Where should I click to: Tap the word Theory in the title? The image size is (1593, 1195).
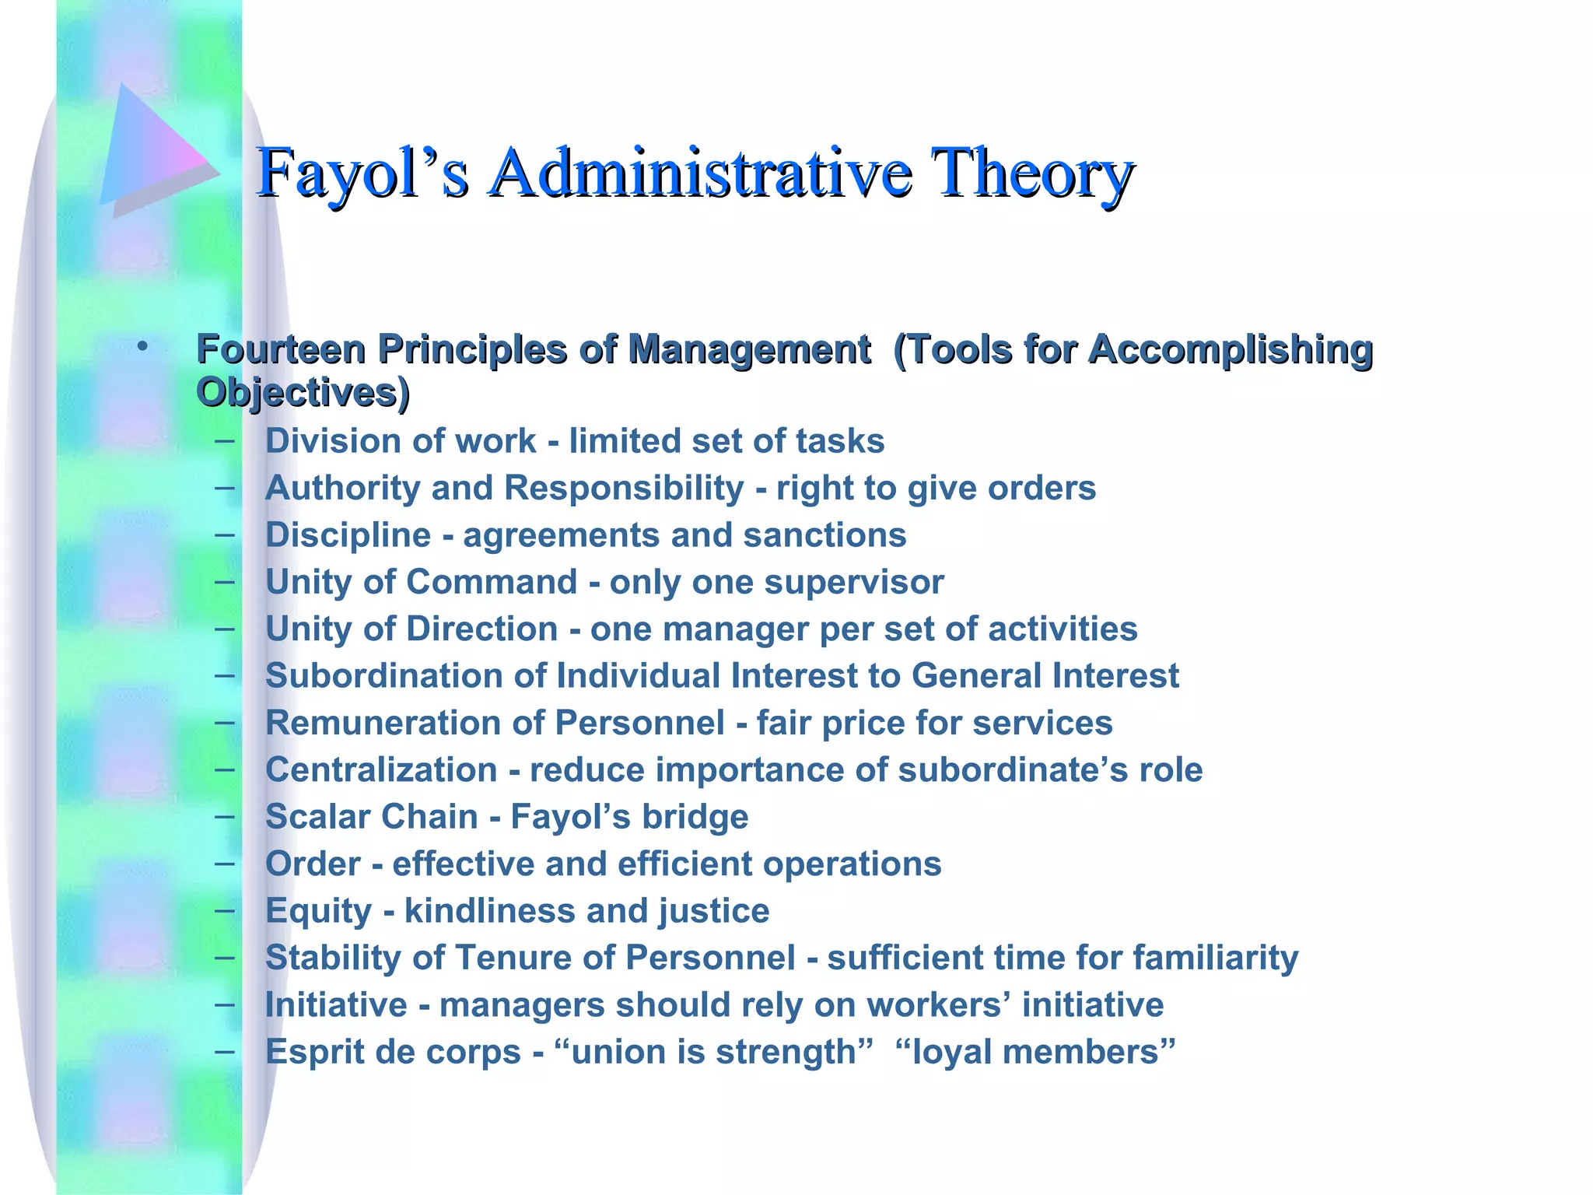click(1031, 173)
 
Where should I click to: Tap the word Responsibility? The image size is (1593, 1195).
click(624, 489)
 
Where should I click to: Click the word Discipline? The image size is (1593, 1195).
click(348, 535)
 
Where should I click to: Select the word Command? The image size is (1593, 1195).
click(492, 582)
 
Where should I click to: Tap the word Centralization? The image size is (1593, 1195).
click(381, 769)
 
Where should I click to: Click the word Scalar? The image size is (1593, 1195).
click(317, 817)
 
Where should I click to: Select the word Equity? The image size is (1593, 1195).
click(319, 911)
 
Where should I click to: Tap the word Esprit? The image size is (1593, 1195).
click(315, 1052)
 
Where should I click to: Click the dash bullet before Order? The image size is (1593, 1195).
click(225, 863)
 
